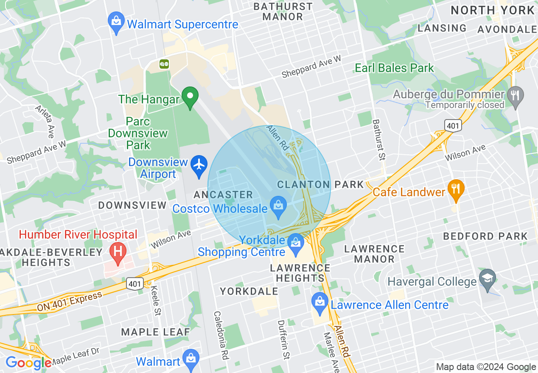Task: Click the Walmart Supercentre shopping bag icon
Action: (x=116, y=22)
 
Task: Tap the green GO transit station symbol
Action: (x=164, y=64)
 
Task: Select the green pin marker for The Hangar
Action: (x=190, y=97)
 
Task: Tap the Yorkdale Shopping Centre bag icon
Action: (x=295, y=243)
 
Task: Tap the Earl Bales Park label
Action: (x=394, y=68)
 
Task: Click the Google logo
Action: (x=28, y=363)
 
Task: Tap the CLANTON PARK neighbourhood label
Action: (x=320, y=184)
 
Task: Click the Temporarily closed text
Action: (x=465, y=105)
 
